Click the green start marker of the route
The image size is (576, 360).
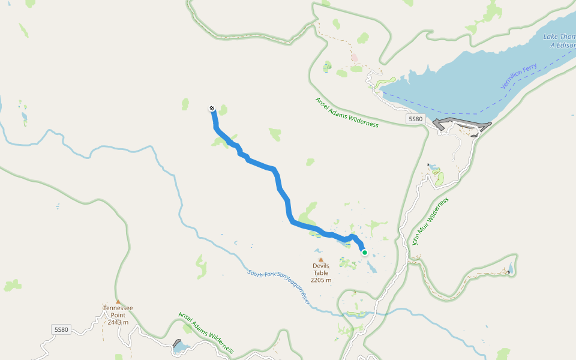(364, 253)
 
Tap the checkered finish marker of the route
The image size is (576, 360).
(212, 109)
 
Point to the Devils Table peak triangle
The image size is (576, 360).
(320, 260)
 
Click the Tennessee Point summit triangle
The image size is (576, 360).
(118, 302)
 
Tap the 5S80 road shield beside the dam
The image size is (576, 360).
(415, 119)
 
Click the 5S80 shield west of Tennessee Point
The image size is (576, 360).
(61, 329)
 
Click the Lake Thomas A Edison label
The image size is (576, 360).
(559, 41)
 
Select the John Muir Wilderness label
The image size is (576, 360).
(430, 221)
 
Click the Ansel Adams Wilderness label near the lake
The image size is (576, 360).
(347, 112)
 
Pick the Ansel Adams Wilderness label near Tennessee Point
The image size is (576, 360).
(206, 332)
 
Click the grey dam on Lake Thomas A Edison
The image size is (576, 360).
(462, 125)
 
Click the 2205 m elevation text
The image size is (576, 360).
(321, 280)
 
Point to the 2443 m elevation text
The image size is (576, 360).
(118, 322)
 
